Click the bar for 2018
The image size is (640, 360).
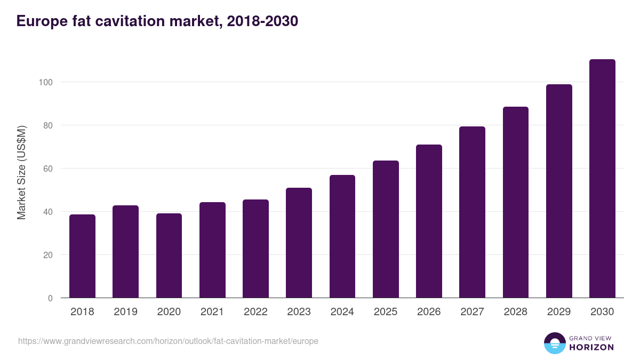pyautogui.click(x=82, y=256)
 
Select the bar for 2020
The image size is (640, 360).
pyautogui.click(x=169, y=255)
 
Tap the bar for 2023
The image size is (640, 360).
pyautogui.click(x=299, y=243)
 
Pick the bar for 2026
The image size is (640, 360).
pyautogui.click(x=429, y=221)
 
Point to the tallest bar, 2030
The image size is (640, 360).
pyautogui.click(x=602, y=179)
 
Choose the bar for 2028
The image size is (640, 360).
pyautogui.click(x=515, y=202)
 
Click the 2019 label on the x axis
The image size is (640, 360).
pyautogui.click(x=125, y=312)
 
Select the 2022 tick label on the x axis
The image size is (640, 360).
pyautogui.click(x=255, y=312)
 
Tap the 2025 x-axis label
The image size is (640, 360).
pyautogui.click(x=386, y=312)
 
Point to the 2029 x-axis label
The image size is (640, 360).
pyautogui.click(x=559, y=312)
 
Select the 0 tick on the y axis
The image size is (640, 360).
pyautogui.click(x=50, y=298)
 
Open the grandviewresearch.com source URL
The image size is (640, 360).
pyautogui.click(x=168, y=341)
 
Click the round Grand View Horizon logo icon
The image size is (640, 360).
pyautogui.click(x=554, y=343)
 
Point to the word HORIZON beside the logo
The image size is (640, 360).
pyautogui.click(x=591, y=347)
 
